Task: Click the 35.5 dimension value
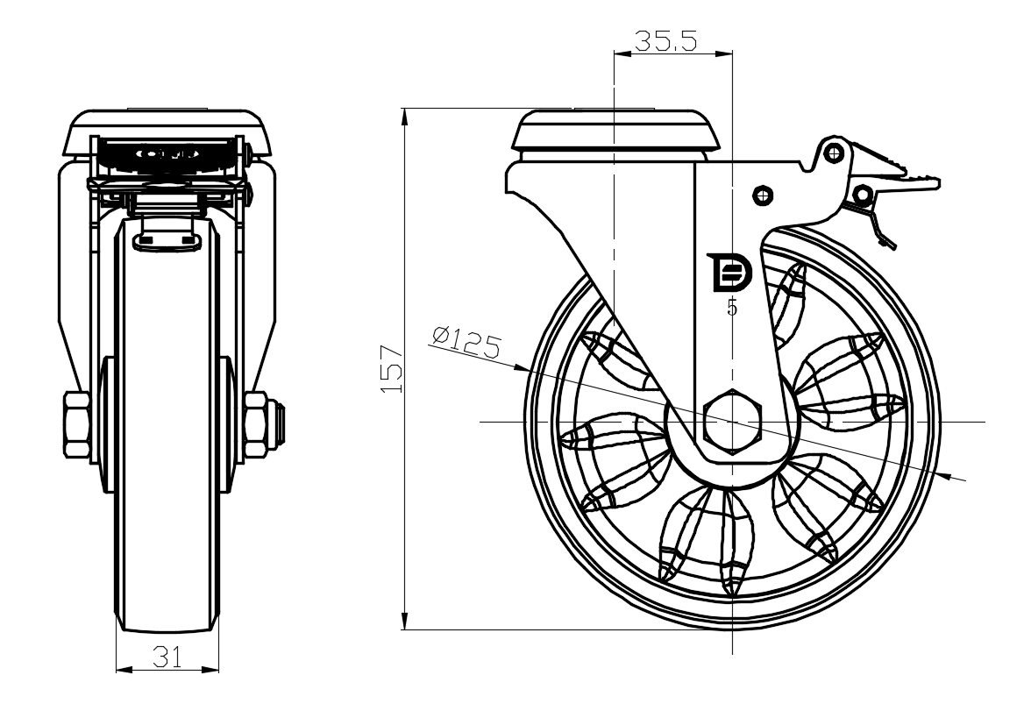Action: [x=666, y=40]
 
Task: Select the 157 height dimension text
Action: [x=392, y=368]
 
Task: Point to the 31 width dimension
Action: [x=167, y=657]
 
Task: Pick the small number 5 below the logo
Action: [x=732, y=308]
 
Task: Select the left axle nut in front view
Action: [x=77, y=426]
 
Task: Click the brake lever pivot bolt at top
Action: [x=835, y=153]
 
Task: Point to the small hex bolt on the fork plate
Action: [x=762, y=194]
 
